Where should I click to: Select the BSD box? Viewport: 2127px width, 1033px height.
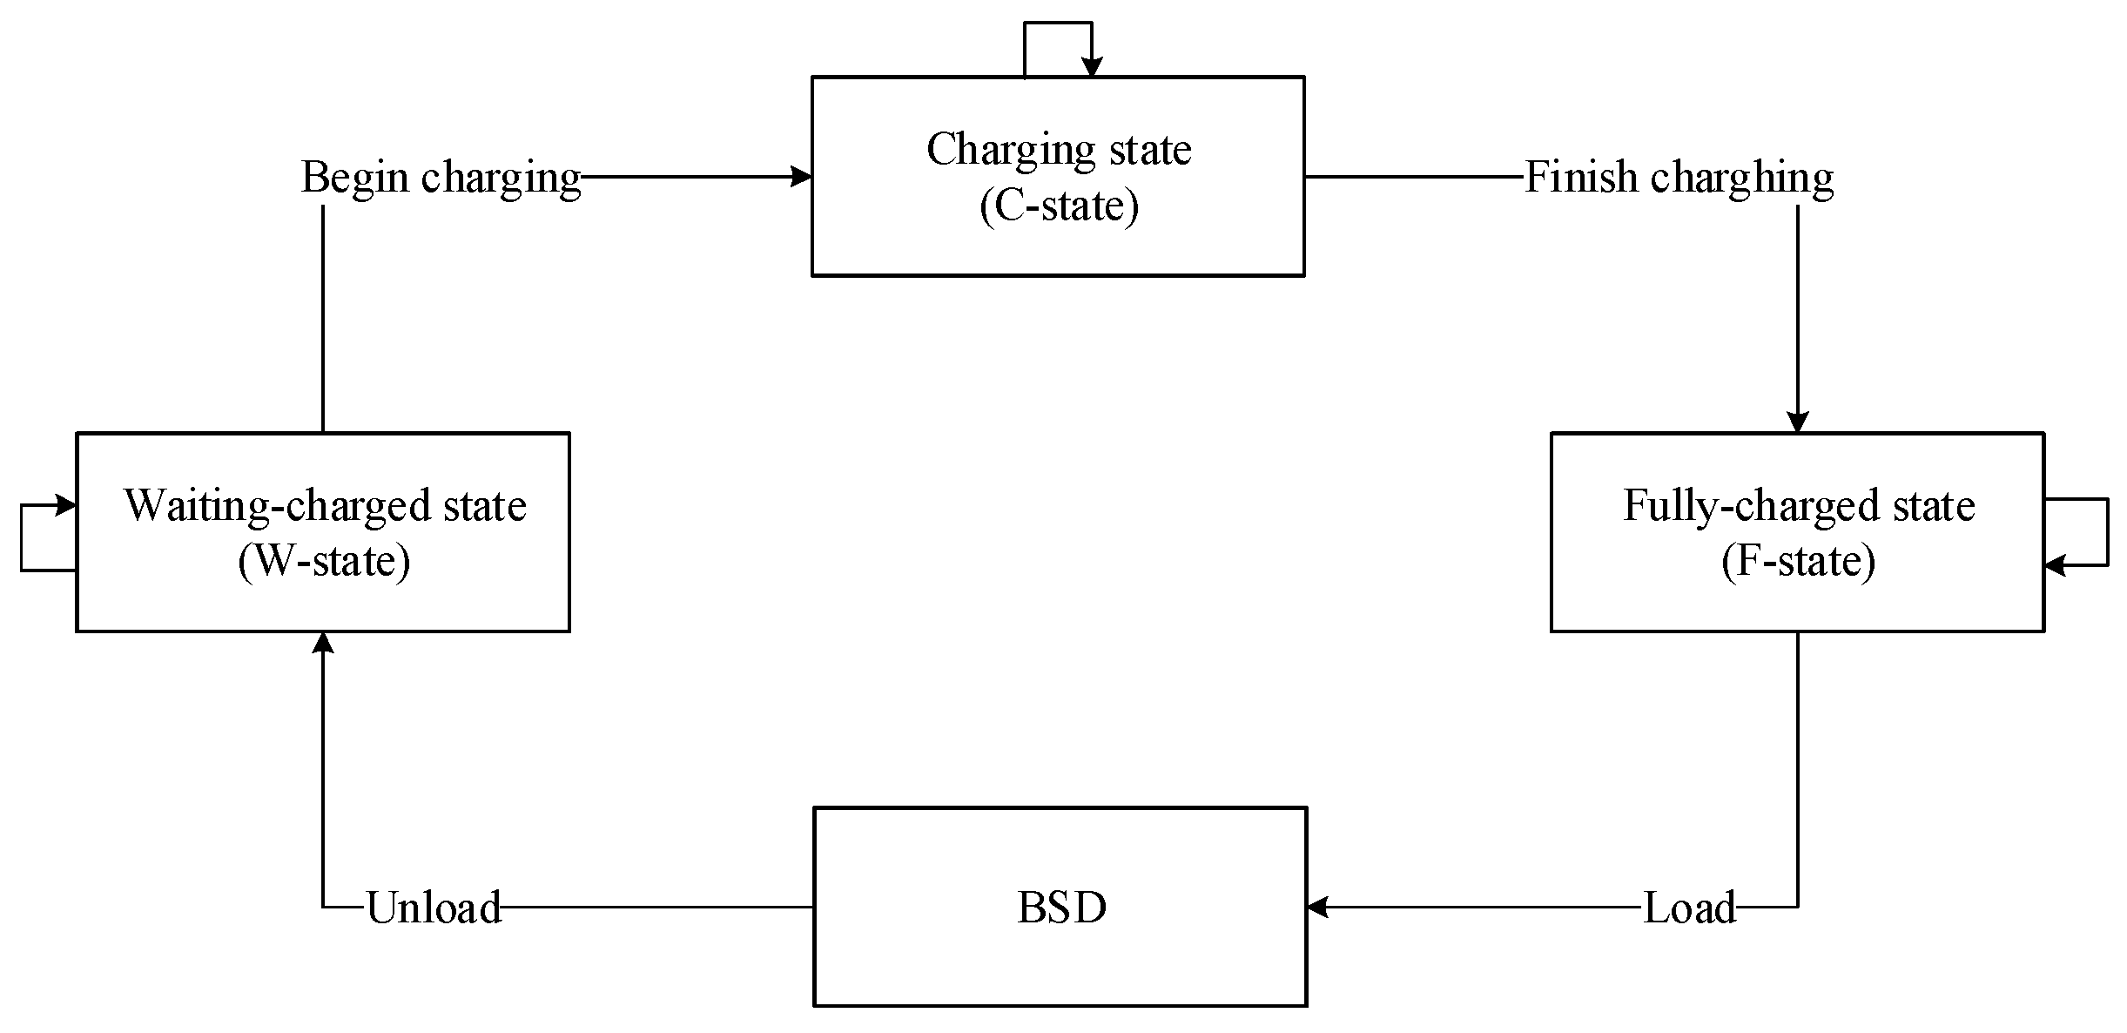click(1060, 907)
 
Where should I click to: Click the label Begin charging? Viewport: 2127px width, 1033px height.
click(441, 178)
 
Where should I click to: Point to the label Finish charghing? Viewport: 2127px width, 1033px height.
click(1679, 178)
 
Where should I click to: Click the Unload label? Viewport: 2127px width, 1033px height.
click(434, 908)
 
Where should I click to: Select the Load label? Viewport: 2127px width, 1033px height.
click(1689, 908)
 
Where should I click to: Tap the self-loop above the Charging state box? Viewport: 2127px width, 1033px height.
click(1058, 24)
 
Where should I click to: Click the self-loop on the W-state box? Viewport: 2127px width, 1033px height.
click(23, 537)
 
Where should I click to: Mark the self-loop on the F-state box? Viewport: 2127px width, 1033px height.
click(2107, 531)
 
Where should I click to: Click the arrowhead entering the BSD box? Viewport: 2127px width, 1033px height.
click(1316, 907)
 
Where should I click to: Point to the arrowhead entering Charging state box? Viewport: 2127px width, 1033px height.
click(801, 177)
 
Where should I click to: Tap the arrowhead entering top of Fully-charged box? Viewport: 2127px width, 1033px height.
click(1798, 422)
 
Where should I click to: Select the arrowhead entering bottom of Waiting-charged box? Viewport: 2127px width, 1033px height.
click(323, 643)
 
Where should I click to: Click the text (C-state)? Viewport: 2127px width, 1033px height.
click(1059, 206)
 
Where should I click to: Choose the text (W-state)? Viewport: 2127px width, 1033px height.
click(324, 560)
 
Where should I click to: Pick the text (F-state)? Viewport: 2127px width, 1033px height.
click(1798, 560)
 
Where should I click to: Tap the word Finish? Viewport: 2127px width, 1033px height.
click(1581, 178)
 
